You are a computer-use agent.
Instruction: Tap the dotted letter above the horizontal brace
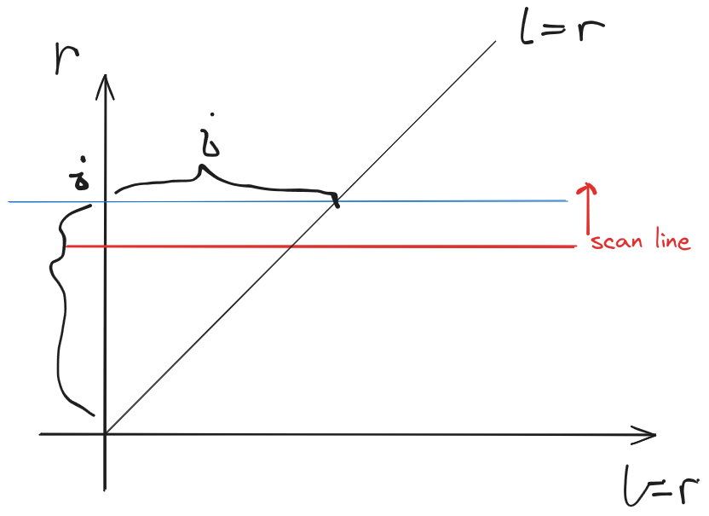(x=206, y=142)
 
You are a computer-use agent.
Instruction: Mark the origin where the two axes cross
(x=105, y=434)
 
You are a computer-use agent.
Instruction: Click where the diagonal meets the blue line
(x=335, y=201)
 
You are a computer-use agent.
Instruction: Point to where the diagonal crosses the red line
(x=291, y=246)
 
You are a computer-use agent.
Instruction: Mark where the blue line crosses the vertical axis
(x=105, y=201)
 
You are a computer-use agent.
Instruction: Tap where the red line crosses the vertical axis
(x=105, y=246)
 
